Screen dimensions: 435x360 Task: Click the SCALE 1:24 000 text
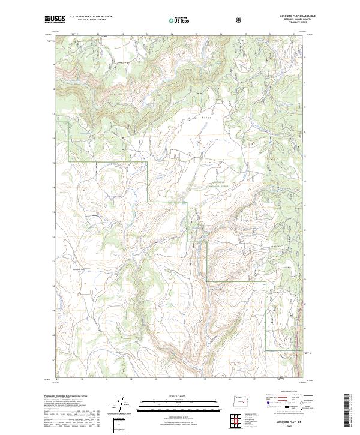(179, 395)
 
